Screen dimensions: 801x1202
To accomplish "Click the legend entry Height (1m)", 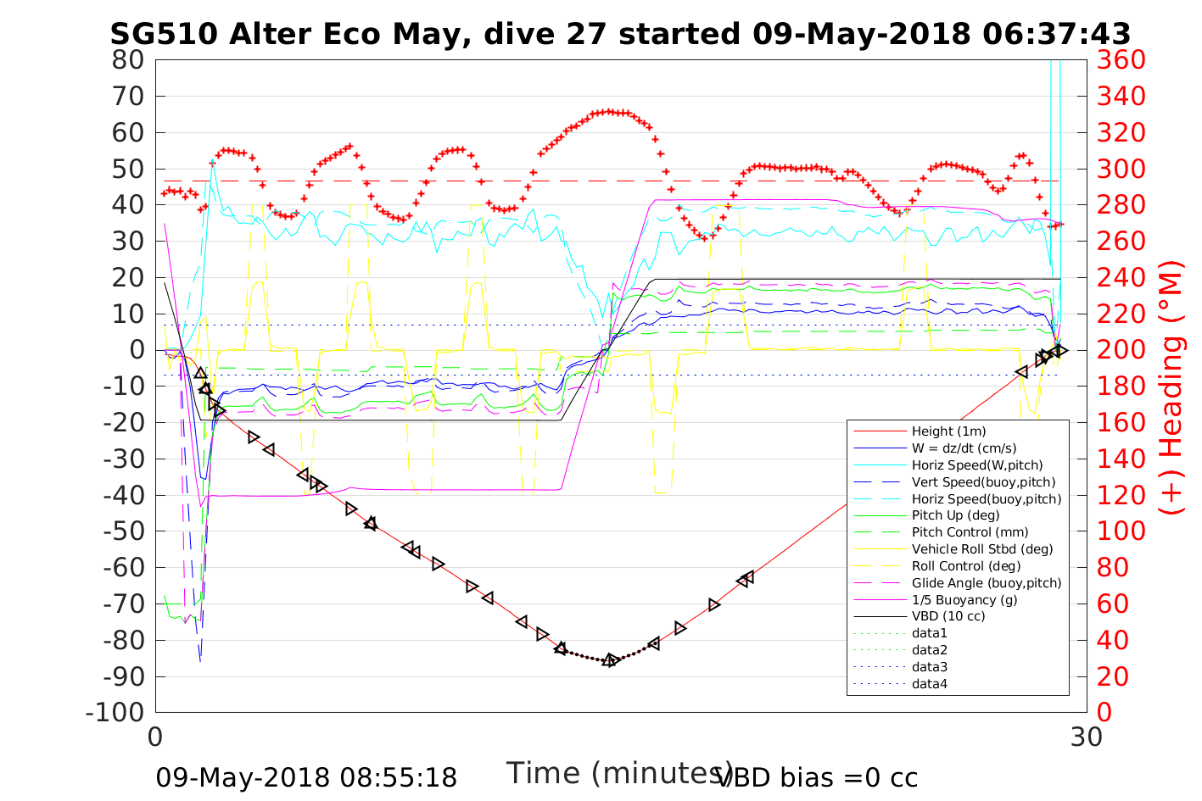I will (x=948, y=431).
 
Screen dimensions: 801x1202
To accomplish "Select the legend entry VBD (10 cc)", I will (x=948, y=616).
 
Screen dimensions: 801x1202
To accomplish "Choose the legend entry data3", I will (x=930, y=667).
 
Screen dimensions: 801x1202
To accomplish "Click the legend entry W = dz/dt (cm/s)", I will (x=964, y=448).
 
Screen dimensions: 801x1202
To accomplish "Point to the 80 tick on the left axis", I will (x=129, y=60).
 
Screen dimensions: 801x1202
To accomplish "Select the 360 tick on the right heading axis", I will (x=1121, y=60).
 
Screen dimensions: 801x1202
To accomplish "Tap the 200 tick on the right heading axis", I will (x=1121, y=350).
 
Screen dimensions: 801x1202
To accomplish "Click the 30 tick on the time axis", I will (x=1087, y=737).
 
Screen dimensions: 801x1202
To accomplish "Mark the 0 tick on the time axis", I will (x=156, y=737).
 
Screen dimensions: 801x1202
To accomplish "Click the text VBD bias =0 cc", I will (x=818, y=777).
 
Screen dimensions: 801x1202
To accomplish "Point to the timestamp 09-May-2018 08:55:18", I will (x=306, y=777).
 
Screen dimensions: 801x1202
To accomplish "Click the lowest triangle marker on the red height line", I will (x=609, y=660).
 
